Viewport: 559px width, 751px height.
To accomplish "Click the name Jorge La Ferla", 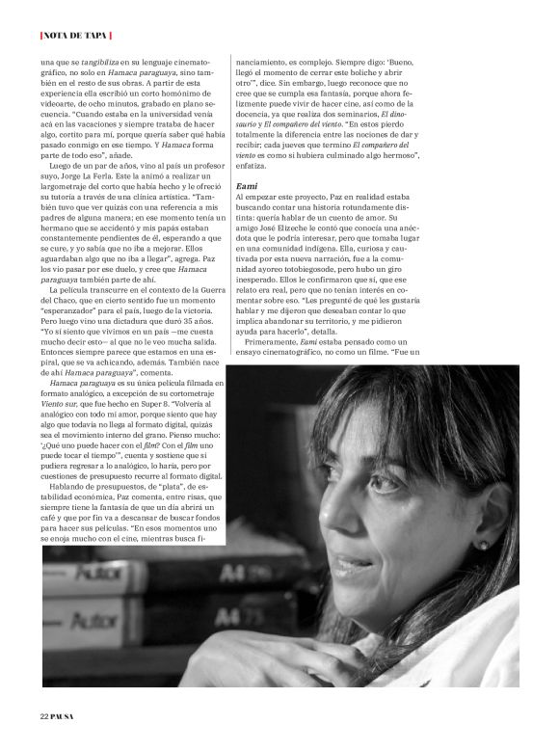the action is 92,178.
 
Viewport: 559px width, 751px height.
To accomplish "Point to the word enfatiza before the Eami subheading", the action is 256,165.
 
